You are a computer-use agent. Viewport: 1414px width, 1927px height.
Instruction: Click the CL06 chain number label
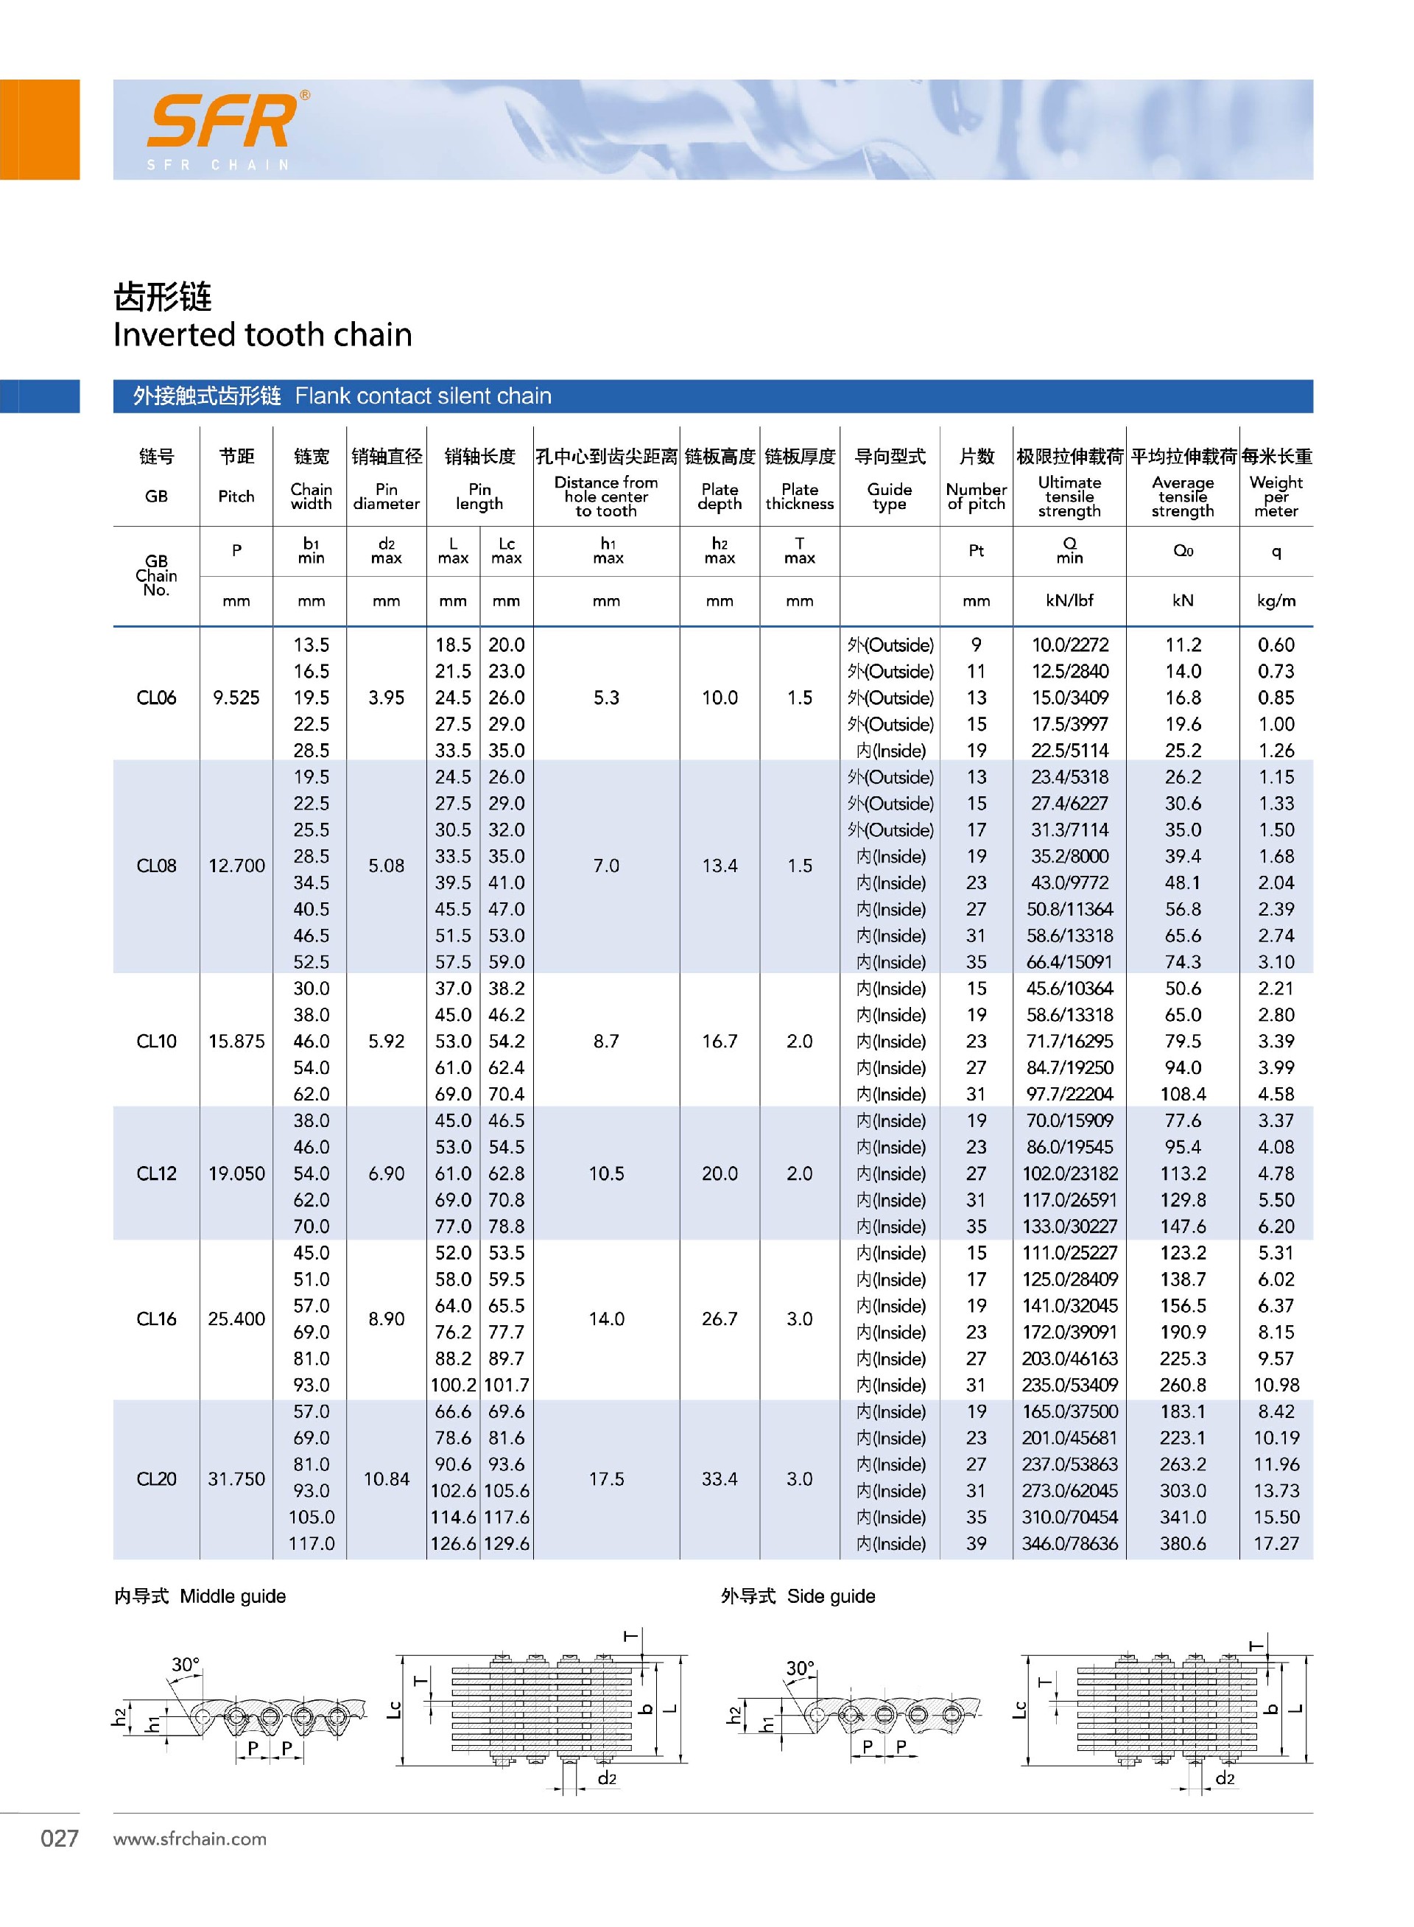157,698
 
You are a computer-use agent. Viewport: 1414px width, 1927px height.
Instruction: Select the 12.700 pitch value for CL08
236,866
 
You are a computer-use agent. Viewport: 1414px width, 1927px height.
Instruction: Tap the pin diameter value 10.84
386,1478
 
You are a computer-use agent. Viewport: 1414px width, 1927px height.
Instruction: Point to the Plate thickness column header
800,496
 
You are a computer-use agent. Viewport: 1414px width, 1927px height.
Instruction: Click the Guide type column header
890,496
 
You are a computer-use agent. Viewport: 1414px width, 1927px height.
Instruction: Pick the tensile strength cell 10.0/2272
1069,645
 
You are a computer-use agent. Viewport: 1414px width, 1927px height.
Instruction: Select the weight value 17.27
1276,1543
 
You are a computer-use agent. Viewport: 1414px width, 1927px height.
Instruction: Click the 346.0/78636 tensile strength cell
1069,1543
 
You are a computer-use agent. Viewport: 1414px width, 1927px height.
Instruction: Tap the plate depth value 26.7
719,1319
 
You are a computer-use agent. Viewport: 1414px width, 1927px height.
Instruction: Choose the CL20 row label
157,1478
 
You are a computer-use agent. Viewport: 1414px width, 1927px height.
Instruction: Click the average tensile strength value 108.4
1182,1094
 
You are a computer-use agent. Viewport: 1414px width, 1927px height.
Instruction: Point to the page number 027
59,1838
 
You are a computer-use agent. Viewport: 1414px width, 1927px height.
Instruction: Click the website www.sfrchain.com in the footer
190,1839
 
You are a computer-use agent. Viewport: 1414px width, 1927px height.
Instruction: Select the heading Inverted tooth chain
263,334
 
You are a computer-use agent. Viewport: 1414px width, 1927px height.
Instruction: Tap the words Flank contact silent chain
423,396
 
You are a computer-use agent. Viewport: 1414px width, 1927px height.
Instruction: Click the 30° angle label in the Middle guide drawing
185,1665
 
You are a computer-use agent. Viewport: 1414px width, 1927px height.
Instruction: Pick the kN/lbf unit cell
1069,601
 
